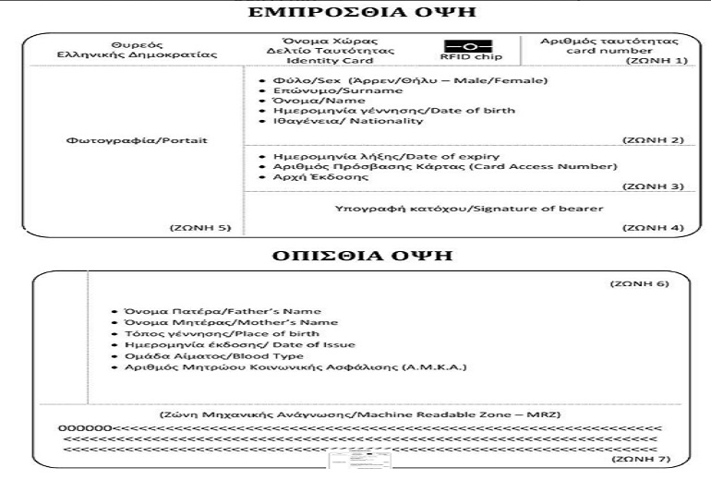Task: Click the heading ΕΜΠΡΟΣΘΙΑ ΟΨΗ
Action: [x=355, y=13]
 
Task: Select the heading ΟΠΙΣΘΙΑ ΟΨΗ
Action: [x=355, y=255]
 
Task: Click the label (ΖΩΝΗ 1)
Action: [x=656, y=60]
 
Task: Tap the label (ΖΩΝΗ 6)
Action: [x=636, y=283]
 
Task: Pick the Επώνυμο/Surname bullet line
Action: [x=332, y=90]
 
